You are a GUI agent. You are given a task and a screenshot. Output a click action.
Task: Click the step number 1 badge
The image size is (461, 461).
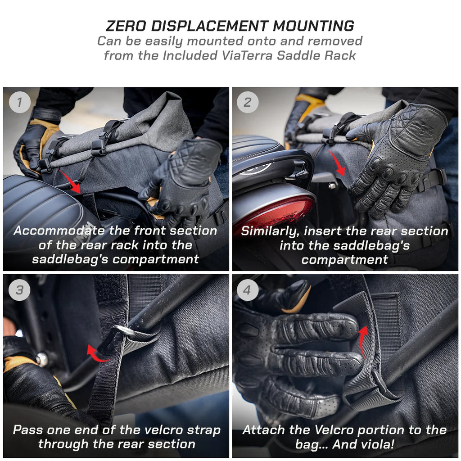(x=19, y=102)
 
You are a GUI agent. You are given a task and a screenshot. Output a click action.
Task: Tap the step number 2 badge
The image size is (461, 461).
(x=248, y=102)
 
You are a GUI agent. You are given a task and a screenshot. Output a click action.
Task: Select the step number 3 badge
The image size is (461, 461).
(x=19, y=289)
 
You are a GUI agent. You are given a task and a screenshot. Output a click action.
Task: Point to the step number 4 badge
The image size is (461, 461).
(x=247, y=289)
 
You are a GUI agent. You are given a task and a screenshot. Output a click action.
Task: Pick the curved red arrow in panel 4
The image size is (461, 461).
(x=363, y=340)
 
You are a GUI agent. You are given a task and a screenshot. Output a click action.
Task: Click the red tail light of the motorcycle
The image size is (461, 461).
(x=275, y=212)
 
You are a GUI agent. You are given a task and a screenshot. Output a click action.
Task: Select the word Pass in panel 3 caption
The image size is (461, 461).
(x=27, y=430)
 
